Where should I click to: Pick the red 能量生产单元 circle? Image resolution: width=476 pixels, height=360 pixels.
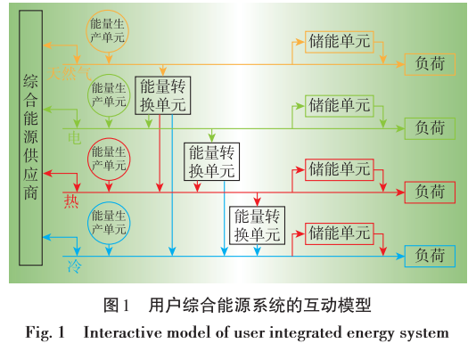point(109,159)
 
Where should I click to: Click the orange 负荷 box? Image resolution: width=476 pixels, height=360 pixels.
point(430,64)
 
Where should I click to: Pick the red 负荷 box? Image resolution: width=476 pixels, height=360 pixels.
point(430,192)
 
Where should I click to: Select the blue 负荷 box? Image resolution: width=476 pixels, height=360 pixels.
point(430,256)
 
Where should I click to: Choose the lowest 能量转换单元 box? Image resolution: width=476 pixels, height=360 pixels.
point(257,225)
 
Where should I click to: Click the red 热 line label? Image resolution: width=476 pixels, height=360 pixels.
point(72,201)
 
